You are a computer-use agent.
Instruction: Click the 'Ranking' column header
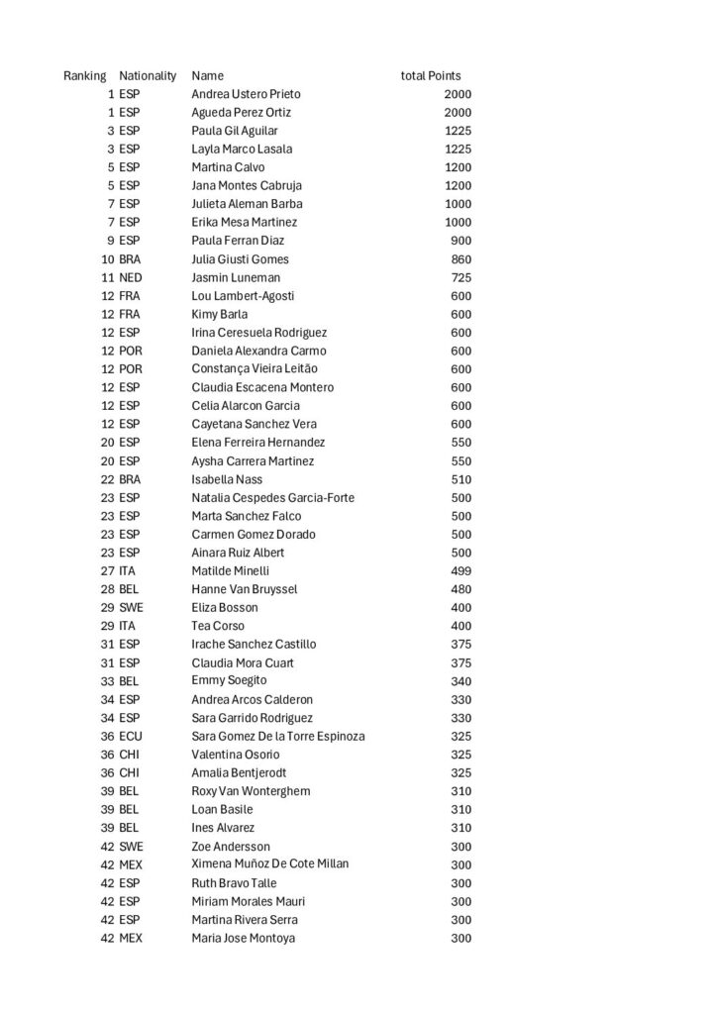tap(84, 75)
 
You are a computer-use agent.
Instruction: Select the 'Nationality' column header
tap(148, 75)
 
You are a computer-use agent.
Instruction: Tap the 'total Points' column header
tap(430, 75)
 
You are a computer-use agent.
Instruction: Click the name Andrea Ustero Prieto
tap(246, 94)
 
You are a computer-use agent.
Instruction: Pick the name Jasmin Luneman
tap(236, 277)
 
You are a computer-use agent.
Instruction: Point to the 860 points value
tap(461, 259)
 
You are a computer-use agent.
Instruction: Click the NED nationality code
tap(131, 277)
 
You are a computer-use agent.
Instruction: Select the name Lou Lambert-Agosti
tap(243, 296)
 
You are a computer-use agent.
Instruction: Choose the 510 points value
tap(461, 479)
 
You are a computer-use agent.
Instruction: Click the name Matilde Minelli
tap(231, 571)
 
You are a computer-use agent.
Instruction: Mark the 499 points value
tap(461, 571)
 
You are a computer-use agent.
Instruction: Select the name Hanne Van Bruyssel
tap(245, 589)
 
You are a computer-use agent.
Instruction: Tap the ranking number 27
tap(108, 571)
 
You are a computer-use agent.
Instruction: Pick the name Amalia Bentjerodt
tap(240, 772)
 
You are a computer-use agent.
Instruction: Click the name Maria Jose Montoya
tap(243, 938)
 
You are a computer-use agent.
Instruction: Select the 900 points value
tap(461, 241)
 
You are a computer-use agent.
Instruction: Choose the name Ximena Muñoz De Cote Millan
tap(269, 863)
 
